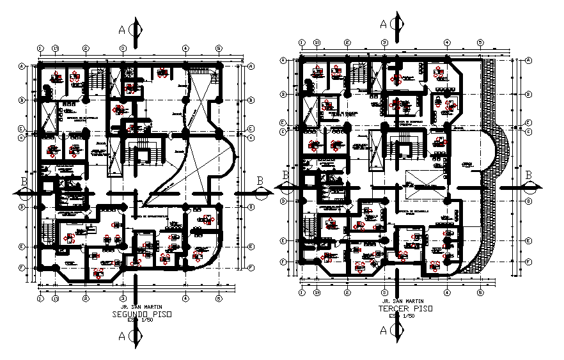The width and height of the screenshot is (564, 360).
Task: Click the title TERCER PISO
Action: [x=404, y=308]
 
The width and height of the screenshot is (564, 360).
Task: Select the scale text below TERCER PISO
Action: [x=402, y=315]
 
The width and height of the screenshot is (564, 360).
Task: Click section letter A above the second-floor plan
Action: [x=121, y=29]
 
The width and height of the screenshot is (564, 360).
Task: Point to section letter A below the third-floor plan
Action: [x=382, y=331]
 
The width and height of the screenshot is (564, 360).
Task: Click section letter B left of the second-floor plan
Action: [x=24, y=182]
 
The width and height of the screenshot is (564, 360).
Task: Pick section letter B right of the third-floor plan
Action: [x=529, y=175]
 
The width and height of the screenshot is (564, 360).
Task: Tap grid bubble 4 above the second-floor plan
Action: [x=185, y=48]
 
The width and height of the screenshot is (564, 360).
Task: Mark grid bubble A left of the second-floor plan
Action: [x=21, y=66]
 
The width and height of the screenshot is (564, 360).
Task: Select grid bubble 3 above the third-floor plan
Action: [x=384, y=42]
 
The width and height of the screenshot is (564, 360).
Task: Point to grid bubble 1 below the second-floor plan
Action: [x=40, y=298]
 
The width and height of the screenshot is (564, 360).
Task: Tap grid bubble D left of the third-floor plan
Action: [x=282, y=200]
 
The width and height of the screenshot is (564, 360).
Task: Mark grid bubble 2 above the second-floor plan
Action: [x=85, y=48]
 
